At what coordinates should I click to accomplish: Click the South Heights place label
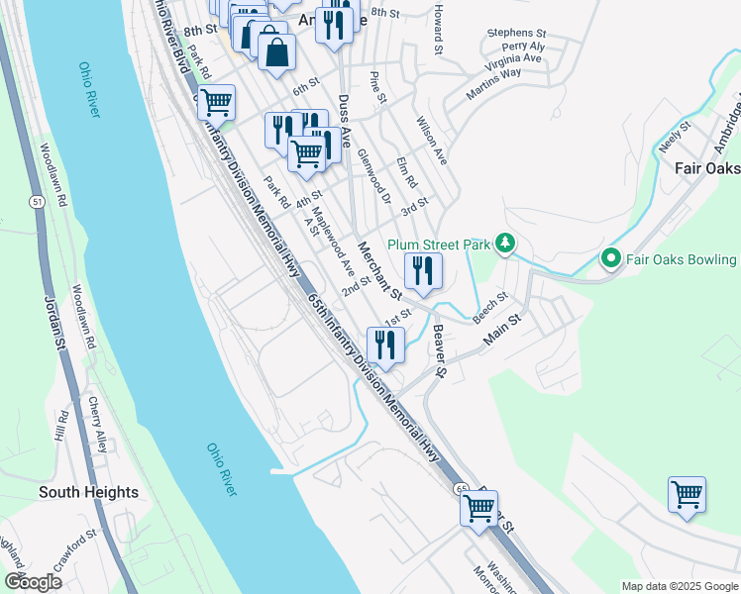[88, 492]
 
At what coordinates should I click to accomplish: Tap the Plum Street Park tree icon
[505, 243]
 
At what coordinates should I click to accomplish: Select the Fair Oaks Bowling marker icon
[609, 259]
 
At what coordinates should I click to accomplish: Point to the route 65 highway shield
[462, 489]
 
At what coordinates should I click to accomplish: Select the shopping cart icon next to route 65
[479, 508]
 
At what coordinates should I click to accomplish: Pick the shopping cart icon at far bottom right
[687, 494]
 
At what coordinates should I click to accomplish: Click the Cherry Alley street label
[96, 422]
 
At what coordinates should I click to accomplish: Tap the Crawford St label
[75, 548]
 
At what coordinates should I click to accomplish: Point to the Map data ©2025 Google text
[679, 586]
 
